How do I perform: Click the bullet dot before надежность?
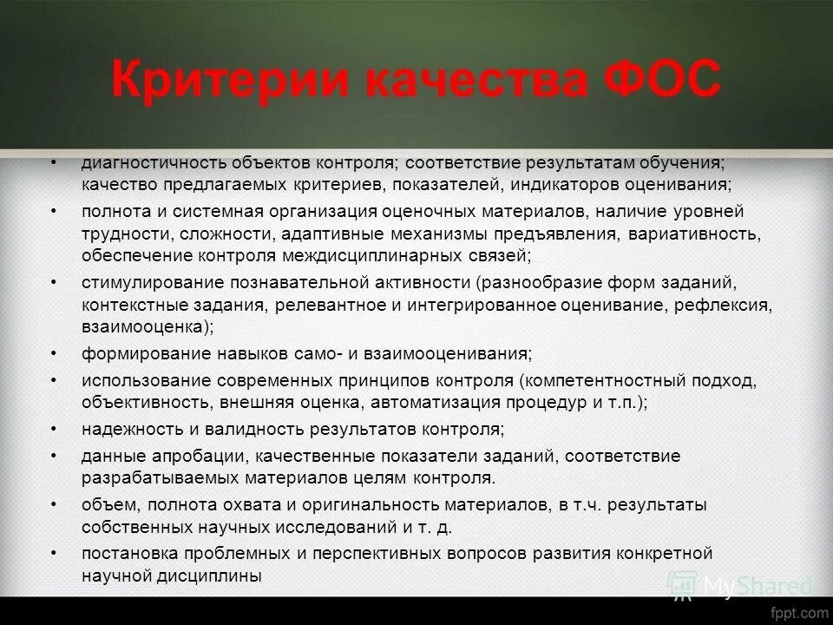point(54,430)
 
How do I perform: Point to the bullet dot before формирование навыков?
point(54,353)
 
